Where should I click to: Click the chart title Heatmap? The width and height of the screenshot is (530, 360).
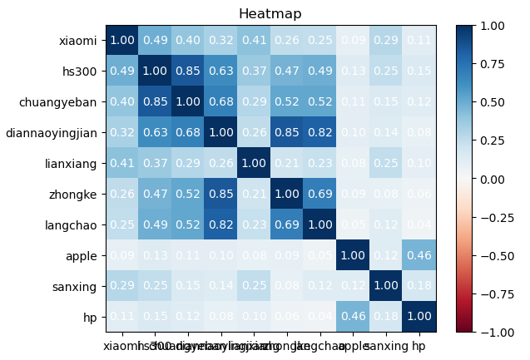tap(270, 14)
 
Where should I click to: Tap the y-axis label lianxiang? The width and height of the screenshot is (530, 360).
tap(71, 162)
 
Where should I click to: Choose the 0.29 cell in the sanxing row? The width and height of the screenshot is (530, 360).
tap(121, 285)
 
